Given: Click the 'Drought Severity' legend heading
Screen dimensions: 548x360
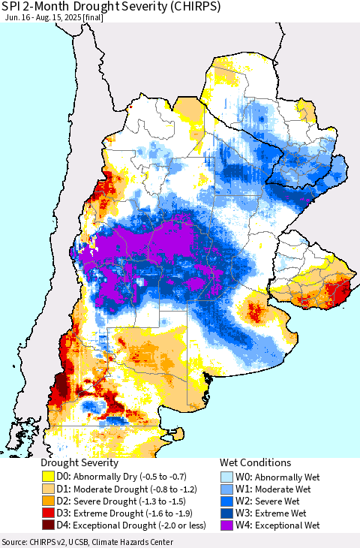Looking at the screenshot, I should click(x=79, y=463).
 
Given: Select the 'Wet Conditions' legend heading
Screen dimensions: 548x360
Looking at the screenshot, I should click(x=255, y=463).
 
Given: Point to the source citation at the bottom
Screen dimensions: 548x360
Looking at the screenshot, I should click(x=88, y=542).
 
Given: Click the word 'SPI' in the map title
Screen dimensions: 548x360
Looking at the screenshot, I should click(x=13, y=7).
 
